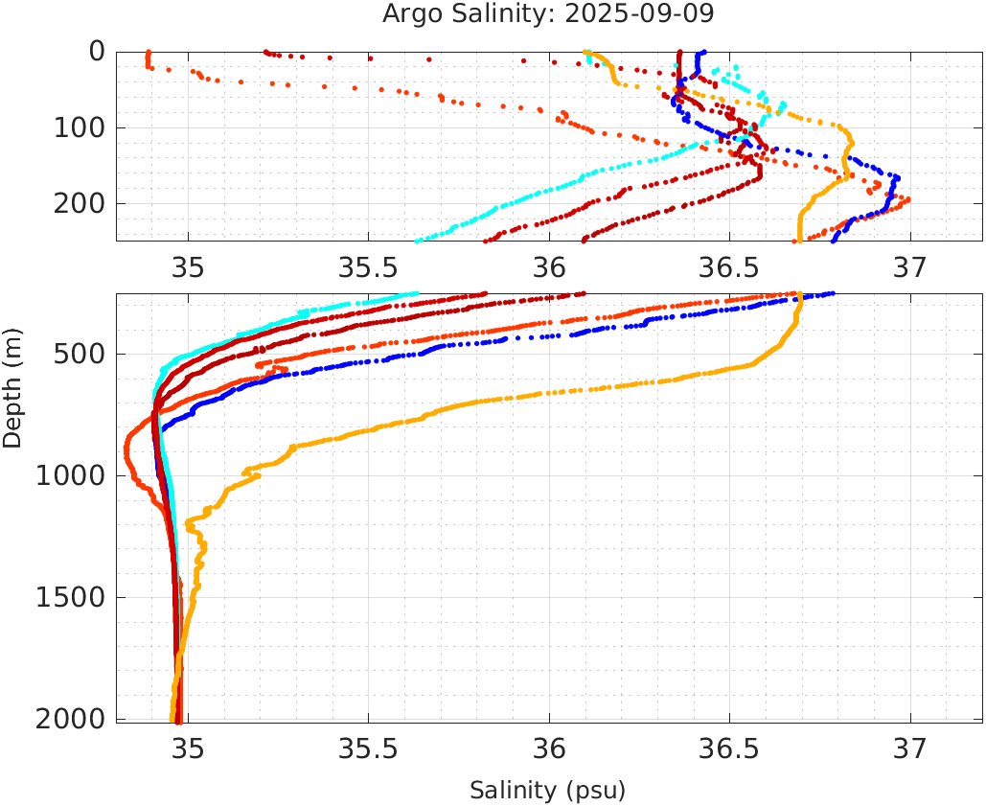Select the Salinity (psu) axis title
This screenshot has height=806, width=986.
(547, 791)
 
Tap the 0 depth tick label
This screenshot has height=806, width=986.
(97, 51)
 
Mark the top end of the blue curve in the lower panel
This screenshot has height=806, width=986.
(832, 294)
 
